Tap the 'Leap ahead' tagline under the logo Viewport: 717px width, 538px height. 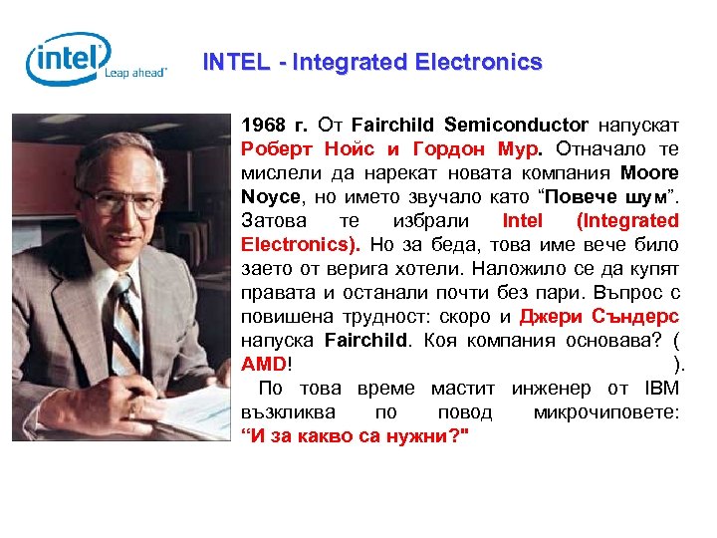pyautogui.click(x=135, y=73)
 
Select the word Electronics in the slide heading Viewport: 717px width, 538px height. pyautogui.click(x=477, y=62)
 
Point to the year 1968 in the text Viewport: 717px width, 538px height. pyautogui.click(x=262, y=125)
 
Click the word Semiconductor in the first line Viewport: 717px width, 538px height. pyautogui.click(x=516, y=125)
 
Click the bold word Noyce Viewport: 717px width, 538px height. pyautogui.click(x=269, y=196)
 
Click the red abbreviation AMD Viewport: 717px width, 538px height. pyautogui.click(x=263, y=364)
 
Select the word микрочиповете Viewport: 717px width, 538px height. pyautogui.click(x=605, y=411)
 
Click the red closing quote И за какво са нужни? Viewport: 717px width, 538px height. pyautogui.click(x=355, y=435)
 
